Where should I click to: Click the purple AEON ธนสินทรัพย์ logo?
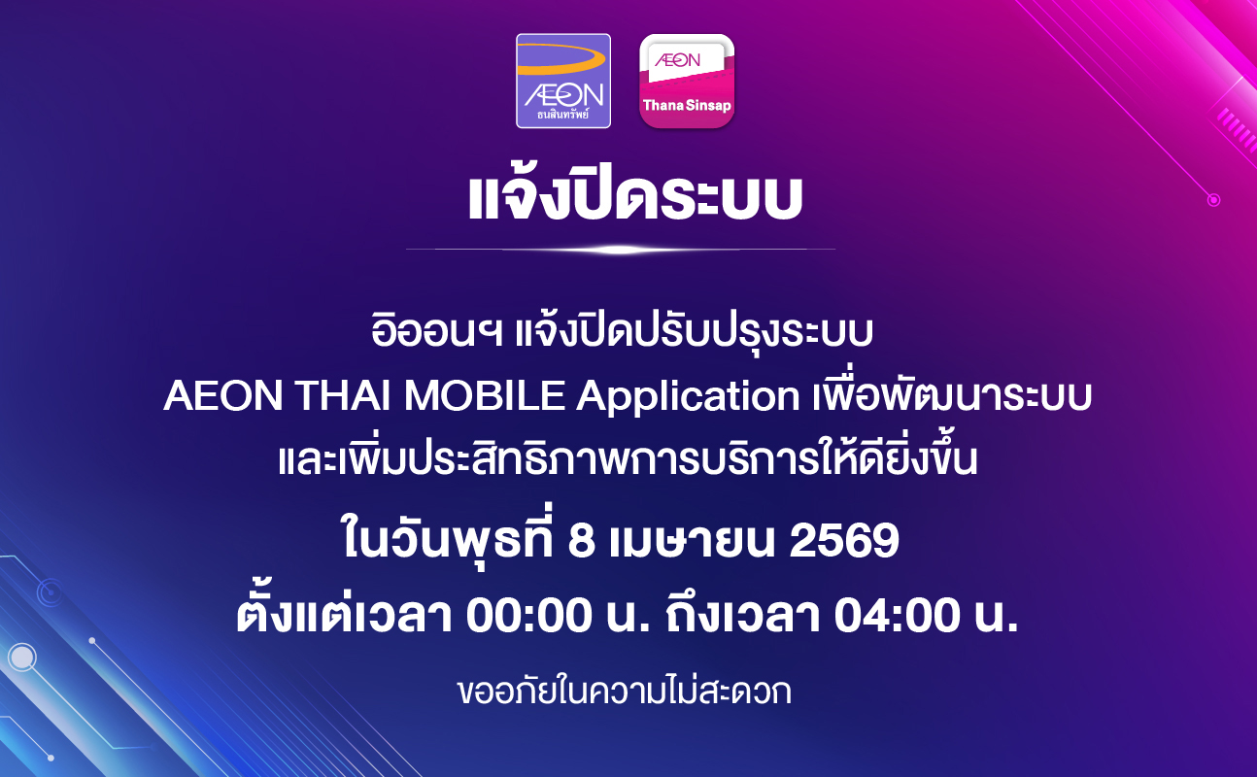coord(563,81)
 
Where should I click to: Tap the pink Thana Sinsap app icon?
coord(687,82)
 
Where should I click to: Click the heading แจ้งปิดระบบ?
coord(635,196)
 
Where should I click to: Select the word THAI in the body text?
coord(343,395)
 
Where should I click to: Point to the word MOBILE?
coord(485,395)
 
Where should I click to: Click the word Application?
coord(688,397)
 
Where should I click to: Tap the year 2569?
coord(844,540)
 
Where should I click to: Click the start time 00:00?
coord(529,616)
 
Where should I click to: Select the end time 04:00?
coord(897,616)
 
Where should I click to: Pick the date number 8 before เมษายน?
coord(581,540)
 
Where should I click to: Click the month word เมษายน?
coord(692,540)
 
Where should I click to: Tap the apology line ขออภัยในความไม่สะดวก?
coord(624,692)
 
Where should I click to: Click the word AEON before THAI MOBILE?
coord(222,395)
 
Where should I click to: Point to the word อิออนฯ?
coord(436,331)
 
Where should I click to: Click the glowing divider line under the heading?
coord(621,249)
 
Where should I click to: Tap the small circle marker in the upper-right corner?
coord(1214,200)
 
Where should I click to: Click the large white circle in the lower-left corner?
coord(22,657)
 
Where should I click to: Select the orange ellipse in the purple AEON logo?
coord(561,59)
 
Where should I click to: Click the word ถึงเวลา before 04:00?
coord(743,614)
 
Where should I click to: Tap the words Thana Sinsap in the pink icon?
coord(687,106)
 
